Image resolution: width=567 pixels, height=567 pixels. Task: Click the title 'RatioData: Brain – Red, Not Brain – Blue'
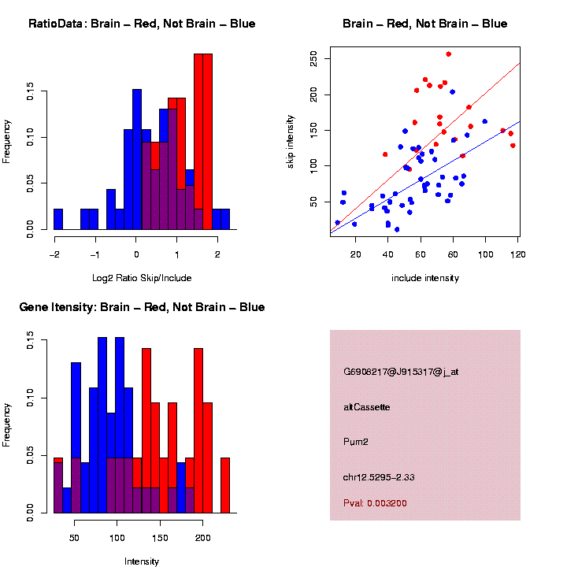142,24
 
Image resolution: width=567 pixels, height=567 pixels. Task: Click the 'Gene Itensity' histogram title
142,307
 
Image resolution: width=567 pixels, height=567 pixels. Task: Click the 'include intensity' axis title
425,278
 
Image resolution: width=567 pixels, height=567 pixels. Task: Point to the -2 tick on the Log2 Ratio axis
54,254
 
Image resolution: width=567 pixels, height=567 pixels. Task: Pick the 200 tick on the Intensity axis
203,537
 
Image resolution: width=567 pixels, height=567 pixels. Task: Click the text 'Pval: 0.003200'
375,502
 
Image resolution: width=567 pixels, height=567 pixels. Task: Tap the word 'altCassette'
367,407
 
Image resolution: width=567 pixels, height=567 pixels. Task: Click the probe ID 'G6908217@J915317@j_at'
401,372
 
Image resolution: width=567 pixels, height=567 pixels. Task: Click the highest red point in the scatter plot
449,54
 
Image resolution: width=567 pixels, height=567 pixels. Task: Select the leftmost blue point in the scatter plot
338,223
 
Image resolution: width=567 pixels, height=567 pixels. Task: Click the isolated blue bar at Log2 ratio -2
58,220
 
